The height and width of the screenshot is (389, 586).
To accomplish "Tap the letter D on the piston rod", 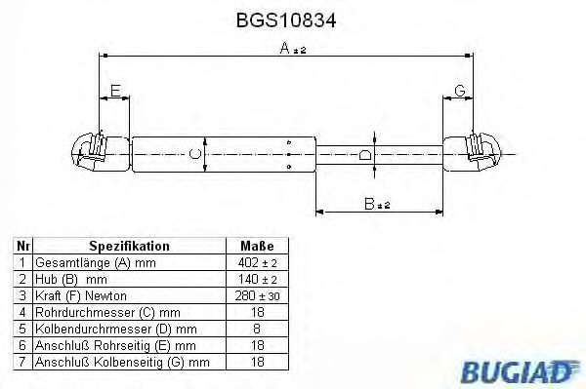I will [x=363, y=154].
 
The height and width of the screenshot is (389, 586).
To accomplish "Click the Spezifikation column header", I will [x=130, y=247].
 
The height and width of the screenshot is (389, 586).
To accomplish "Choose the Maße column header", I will [x=256, y=247].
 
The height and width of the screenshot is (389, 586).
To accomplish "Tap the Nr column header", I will [x=21, y=247].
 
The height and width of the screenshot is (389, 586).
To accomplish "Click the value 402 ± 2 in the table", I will [x=256, y=263].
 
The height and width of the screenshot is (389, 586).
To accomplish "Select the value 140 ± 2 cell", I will [x=256, y=279].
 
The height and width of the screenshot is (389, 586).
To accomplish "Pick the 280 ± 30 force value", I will [x=256, y=294].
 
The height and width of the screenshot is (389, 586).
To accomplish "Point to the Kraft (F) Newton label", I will [x=80, y=294].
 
